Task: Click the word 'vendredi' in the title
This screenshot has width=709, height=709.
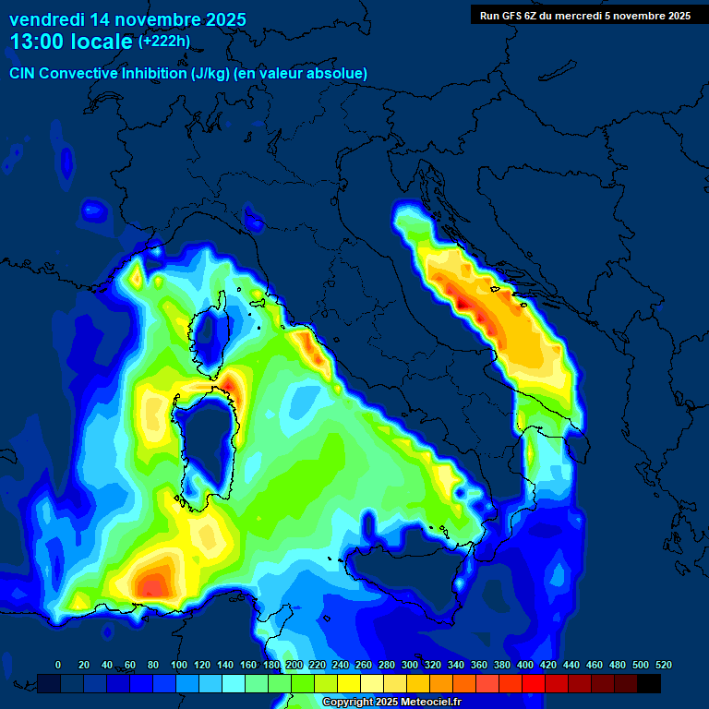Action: pyautogui.click(x=45, y=19)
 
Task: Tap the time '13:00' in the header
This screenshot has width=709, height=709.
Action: pyautogui.click(x=37, y=42)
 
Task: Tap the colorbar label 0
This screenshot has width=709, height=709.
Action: pyautogui.click(x=58, y=665)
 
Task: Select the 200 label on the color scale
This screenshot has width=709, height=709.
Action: pyautogui.click(x=294, y=665)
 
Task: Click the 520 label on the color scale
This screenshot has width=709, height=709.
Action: pyautogui.click(x=663, y=665)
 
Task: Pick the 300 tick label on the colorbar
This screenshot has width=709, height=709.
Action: pyautogui.click(x=409, y=665)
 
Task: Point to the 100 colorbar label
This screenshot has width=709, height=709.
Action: pyautogui.click(x=178, y=665)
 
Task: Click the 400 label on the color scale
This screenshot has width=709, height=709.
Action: pyautogui.click(x=524, y=665)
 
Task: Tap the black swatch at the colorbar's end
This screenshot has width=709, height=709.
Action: pyautogui.click(x=649, y=683)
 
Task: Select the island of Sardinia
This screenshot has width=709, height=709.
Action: pyautogui.click(x=205, y=443)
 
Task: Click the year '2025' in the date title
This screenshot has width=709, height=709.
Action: pyautogui.click(x=221, y=19)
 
